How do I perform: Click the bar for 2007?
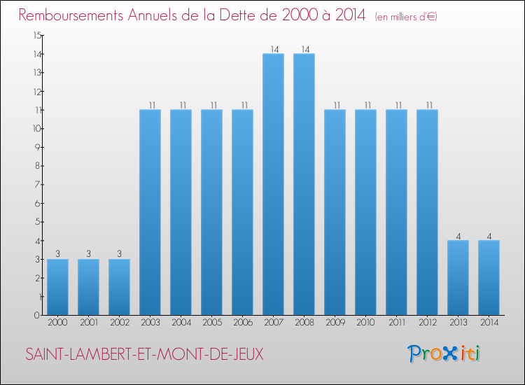click(273, 184)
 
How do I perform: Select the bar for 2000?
click(57, 287)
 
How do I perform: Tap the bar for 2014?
click(489, 278)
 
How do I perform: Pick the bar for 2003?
click(150, 212)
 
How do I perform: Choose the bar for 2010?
click(365, 212)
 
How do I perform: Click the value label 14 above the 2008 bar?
click(304, 49)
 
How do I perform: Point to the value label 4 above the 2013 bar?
click(458, 236)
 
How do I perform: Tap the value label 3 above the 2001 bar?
click(88, 254)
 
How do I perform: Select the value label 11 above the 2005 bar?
click(211, 105)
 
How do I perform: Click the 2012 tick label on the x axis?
click(427, 323)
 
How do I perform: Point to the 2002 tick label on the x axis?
click(119, 323)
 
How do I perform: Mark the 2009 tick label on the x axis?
click(335, 323)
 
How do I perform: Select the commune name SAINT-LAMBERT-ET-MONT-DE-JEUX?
click(144, 354)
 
